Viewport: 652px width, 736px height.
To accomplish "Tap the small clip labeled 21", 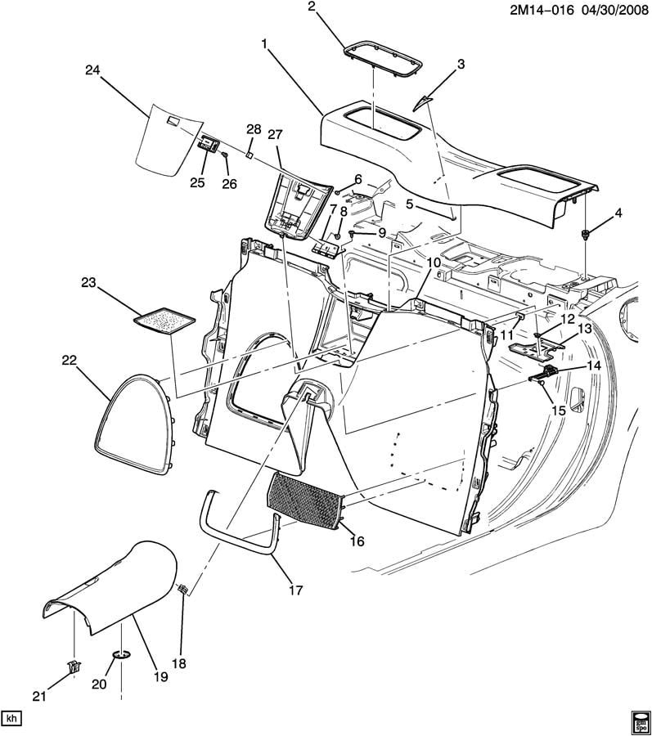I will click(74, 665).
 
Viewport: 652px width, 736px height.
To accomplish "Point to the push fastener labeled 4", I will click(587, 235).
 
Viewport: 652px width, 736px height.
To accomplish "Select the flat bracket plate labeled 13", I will click(534, 347).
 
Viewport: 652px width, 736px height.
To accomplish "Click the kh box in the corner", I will click(11, 718).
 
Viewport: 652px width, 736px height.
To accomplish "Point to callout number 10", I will click(433, 263).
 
